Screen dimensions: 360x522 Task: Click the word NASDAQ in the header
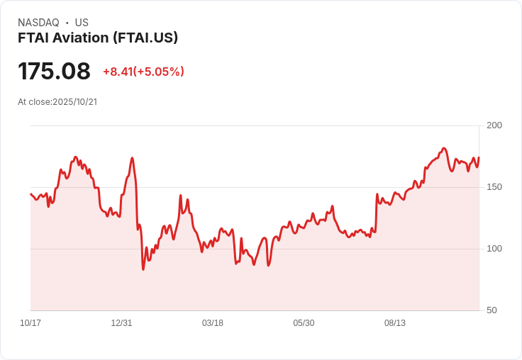pyautogui.click(x=38, y=23)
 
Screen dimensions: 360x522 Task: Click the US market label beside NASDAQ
pyautogui.click(x=82, y=23)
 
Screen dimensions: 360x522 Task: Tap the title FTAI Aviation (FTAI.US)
pyautogui.click(x=98, y=38)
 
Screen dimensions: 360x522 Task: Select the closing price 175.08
pyautogui.click(x=54, y=72)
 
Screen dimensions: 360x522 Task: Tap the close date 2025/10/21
pyautogui.click(x=74, y=102)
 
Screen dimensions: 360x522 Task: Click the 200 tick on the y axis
pyautogui.click(x=494, y=125)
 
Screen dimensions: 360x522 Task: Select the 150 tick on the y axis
pyautogui.click(x=494, y=187)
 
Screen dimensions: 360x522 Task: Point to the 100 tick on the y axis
pyautogui.click(x=494, y=249)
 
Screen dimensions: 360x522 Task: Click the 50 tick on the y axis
pyautogui.click(x=492, y=310)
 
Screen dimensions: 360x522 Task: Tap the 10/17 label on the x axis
pyautogui.click(x=30, y=323)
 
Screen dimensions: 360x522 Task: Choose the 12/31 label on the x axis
pyautogui.click(x=121, y=323)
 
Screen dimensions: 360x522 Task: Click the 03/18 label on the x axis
pyautogui.click(x=213, y=323)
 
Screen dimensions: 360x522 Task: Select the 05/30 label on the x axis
pyautogui.click(x=304, y=323)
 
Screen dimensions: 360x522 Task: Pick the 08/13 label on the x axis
pyautogui.click(x=395, y=323)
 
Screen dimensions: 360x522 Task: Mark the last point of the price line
pyautogui.click(x=479, y=157)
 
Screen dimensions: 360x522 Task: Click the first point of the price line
pyautogui.click(x=30, y=193)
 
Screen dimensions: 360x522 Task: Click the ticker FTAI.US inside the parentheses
pyautogui.click(x=149, y=38)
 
